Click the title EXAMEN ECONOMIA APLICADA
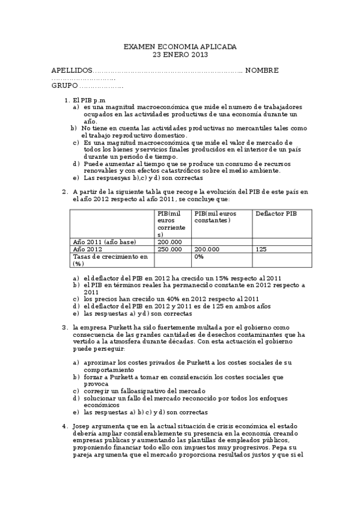(180, 46)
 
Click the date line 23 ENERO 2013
(180, 55)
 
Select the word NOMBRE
(261, 70)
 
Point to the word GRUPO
(65, 86)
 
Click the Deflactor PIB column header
(276, 214)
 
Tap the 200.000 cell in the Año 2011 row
(169, 242)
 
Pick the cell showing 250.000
(169, 249)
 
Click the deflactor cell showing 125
(261, 249)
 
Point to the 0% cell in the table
(198, 257)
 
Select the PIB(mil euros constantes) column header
(216, 217)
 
